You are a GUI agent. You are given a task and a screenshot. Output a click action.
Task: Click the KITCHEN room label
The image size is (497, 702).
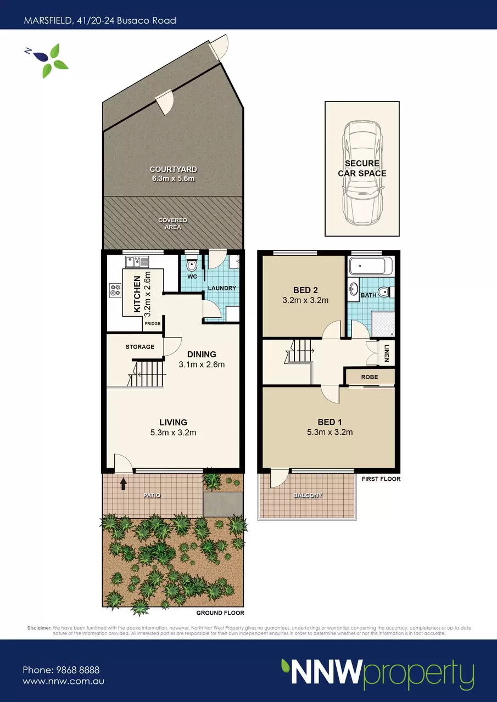pos(137,294)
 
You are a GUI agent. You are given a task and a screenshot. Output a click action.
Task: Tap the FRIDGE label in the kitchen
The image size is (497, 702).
pos(152,323)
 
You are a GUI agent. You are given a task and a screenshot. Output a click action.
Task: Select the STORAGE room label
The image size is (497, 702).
pos(140,347)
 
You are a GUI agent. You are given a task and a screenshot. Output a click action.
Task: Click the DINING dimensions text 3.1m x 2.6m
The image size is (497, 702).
pos(202,364)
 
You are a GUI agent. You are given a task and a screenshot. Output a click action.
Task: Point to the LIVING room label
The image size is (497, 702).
pos(173,422)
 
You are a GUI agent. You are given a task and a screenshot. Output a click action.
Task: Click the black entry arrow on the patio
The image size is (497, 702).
pos(123,484)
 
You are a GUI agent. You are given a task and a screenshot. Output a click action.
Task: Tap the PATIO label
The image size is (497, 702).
pos(152,495)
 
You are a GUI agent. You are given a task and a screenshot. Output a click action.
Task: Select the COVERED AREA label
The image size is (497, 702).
pos(172,223)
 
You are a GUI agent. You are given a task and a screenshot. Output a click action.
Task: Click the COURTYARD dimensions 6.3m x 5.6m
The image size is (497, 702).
pos(174,178)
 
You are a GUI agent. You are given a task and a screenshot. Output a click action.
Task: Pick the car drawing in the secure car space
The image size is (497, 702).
pos(362,173)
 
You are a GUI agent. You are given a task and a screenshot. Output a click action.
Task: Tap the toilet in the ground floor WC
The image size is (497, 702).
pos(191,263)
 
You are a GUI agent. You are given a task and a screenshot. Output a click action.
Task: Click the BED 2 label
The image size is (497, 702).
pos(305,290)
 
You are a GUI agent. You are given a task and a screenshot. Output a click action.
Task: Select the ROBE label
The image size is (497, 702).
pos(370,377)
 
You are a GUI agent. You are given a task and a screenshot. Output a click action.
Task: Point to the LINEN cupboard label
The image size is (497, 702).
pos(387,353)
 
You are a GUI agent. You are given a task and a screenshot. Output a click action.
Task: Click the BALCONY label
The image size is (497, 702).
pos(308,495)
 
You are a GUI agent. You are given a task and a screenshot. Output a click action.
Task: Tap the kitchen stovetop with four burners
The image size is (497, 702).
pos(115,290)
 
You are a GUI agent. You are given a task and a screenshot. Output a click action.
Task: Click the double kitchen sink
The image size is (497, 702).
pos(137,262)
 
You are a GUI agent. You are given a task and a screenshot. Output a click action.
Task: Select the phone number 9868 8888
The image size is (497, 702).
pos(78,670)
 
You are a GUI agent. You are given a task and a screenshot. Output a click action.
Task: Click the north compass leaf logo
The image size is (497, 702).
pos(49,60)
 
